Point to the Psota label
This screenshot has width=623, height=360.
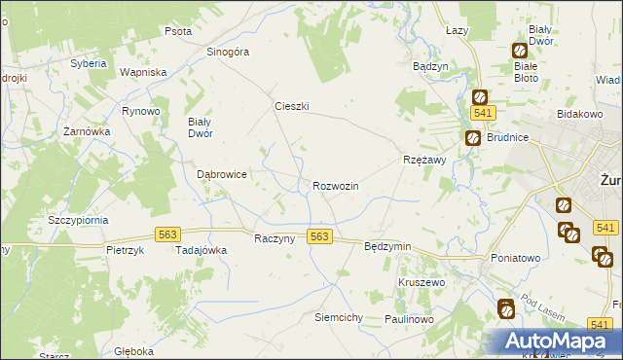[178, 31]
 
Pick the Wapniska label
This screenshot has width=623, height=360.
[143, 72]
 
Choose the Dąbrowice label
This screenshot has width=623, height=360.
[221, 174]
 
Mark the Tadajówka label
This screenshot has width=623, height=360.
[201, 249]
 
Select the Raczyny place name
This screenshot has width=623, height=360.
[274, 239]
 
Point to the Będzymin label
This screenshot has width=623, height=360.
[387, 247]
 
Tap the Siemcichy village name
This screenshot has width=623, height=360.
[339, 317]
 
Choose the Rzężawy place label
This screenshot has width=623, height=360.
[423, 161]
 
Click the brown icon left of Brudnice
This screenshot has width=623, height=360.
[471, 138]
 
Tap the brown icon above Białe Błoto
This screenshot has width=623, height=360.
[519, 51]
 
